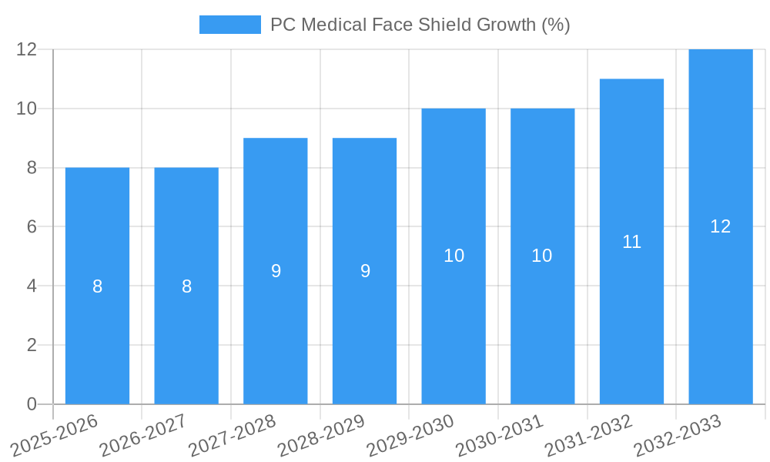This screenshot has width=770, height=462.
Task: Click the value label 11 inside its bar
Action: (631, 242)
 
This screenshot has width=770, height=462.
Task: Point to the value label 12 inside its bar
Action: (721, 226)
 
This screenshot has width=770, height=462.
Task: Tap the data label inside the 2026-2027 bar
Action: (186, 286)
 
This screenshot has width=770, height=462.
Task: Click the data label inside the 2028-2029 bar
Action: (365, 271)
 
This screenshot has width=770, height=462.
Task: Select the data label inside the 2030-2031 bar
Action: (542, 256)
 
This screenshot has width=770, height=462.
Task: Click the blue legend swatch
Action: (229, 25)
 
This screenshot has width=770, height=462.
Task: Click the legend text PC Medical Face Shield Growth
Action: (420, 25)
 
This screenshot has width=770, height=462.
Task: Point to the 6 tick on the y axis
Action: (32, 227)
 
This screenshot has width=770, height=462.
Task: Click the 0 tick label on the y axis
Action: (32, 404)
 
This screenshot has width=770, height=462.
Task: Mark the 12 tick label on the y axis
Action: (27, 49)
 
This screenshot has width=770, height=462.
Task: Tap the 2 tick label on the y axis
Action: (32, 345)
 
